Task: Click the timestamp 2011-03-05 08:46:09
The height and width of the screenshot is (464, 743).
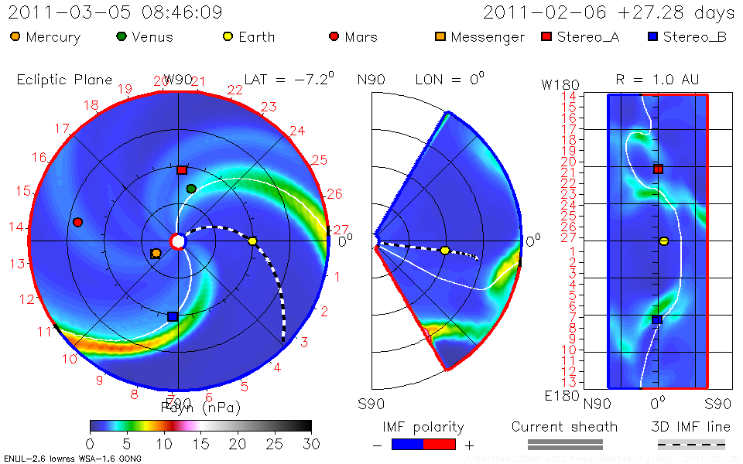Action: tap(115, 12)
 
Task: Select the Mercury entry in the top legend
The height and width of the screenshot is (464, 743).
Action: tap(46, 36)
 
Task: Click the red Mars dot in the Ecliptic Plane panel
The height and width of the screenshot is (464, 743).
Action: tap(77, 223)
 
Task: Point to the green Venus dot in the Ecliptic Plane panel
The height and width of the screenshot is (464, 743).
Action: tap(191, 189)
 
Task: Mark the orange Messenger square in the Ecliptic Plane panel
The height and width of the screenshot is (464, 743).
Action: tap(156, 254)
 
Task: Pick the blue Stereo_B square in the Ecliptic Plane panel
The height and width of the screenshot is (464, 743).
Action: tap(173, 316)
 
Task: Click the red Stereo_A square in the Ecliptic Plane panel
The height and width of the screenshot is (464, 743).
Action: tap(182, 170)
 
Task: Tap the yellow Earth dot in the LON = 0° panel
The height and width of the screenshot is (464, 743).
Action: tap(445, 251)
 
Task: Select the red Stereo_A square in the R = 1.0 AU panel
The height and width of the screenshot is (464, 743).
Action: tap(658, 169)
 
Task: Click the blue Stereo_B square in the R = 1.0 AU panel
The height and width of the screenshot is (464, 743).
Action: tap(657, 319)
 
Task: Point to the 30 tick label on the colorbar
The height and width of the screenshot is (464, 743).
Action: tap(311, 444)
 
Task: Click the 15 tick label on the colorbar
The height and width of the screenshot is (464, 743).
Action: tap(200, 444)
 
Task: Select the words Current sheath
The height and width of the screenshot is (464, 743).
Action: tap(564, 427)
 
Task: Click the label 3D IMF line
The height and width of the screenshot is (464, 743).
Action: tap(690, 427)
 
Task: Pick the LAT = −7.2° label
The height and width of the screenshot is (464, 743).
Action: tap(289, 79)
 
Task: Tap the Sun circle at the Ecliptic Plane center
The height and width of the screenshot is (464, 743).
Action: tap(178, 242)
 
